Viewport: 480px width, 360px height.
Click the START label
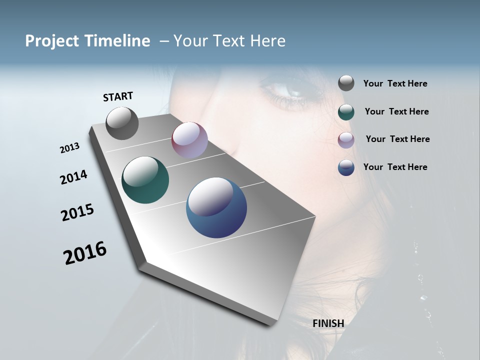(x=118, y=96)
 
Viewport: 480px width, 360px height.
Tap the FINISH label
(x=328, y=323)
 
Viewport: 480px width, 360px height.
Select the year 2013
(x=70, y=148)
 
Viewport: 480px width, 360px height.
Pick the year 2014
(x=74, y=177)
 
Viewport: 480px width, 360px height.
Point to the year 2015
(x=77, y=212)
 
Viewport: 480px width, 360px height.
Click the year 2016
(x=85, y=252)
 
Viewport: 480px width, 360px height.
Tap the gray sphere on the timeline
(x=122, y=123)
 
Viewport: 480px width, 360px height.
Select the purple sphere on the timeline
(x=189, y=140)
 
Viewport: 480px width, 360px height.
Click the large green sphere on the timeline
(x=145, y=180)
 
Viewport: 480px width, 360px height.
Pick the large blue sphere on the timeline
(x=216, y=207)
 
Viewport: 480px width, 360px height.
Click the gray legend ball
(x=346, y=83)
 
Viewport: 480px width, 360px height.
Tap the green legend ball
(x=346, y=112)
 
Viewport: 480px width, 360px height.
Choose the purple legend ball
(x=346, y=140)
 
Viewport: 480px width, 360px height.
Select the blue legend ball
(x=346, y=167)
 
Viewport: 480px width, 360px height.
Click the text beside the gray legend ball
(x=395, y=84)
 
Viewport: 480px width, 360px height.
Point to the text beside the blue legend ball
(x=395, y=167)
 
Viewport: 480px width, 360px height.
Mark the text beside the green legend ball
(x=396, y=111)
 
